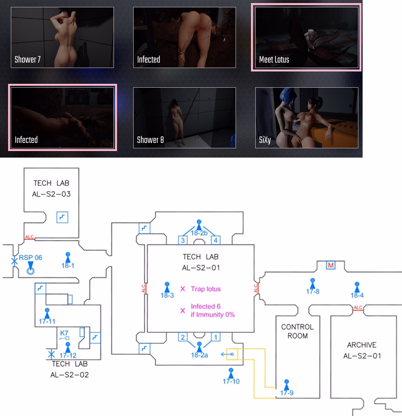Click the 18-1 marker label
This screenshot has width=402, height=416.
tap(68, 265)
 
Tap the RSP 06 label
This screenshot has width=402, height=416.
tap(31, 258)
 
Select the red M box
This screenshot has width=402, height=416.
tap(330, 265)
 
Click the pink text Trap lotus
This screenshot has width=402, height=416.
tap(206, 289)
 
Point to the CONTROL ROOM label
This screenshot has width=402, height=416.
tap(297, 331)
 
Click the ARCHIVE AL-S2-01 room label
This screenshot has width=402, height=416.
tap(362, 350)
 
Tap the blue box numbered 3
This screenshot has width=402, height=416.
tap(183, 241)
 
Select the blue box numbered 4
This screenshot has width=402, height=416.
tap(215, 241)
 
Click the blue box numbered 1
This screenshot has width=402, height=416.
tap(215, 337)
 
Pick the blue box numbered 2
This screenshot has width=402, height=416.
tap(183, 337)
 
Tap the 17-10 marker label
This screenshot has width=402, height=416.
tap(231, 381)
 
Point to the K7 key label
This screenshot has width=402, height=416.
tap(64, 332)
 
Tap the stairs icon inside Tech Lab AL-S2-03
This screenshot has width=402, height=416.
tap(62, 217)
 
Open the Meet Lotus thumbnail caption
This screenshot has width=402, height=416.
tap(274, 59)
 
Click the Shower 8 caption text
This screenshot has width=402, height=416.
tap(151, 140)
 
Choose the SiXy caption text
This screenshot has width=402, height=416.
tap(265, 140)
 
